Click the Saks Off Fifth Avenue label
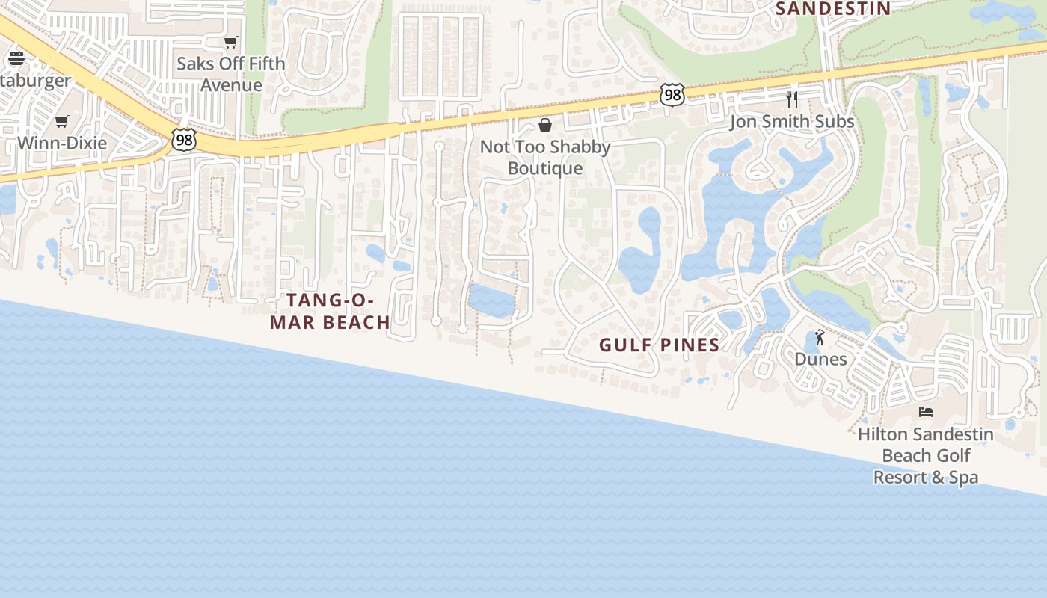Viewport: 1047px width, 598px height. [231, 74]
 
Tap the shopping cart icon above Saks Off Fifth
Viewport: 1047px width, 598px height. [231, 43]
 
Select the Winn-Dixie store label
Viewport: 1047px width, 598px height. [62, 143]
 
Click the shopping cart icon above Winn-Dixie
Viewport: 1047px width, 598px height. [62, 121]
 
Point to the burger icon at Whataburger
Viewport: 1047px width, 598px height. [16, 58]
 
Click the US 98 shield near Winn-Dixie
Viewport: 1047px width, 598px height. [183, 140]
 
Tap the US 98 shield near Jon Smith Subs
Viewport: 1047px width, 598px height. [672, 95]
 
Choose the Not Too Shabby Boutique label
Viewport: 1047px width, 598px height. [545, 157]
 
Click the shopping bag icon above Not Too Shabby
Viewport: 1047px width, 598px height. [545, 124]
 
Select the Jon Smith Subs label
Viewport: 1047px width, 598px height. [792, 121]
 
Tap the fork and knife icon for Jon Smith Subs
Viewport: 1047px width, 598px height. [792, 99]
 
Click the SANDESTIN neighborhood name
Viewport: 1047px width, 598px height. [833, 9]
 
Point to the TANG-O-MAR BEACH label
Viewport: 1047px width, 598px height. [330, 311]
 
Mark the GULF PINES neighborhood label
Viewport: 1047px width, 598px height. [659, 345]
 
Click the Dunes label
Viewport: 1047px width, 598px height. [820, 359]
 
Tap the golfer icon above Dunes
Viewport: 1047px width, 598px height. [820, 338]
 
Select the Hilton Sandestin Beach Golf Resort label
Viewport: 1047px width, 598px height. [926, 455]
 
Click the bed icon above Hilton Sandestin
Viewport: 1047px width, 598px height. [926, 412]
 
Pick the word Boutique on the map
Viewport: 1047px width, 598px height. [545, 168]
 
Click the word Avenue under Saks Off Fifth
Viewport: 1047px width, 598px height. [231, 85]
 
